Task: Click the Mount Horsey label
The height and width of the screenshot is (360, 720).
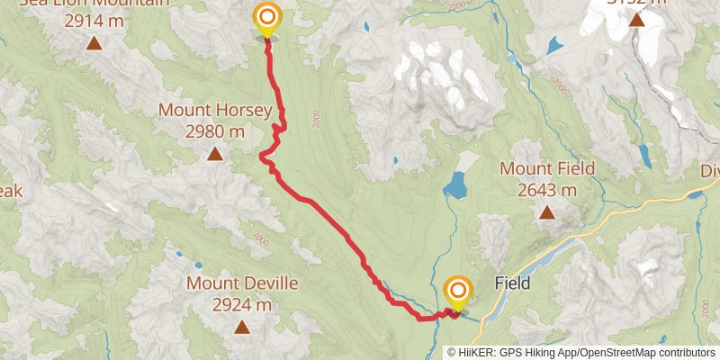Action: tap(215, 111)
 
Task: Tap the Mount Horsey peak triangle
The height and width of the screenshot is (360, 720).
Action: tap(215, 154)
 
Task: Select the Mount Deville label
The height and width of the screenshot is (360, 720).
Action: tap(242, 283)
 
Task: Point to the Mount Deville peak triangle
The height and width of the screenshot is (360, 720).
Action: tap(242, 327)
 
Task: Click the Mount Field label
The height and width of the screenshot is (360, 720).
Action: tap(546, 168)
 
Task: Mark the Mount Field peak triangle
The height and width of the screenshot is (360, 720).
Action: tap(546, 212)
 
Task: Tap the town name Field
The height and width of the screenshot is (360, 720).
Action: tap(512, 283)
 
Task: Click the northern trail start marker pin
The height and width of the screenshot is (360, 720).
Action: tap(267, 18)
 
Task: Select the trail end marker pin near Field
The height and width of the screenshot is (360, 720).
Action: tap(458, 291)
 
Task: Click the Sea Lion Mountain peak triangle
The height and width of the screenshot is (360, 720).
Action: tap(94, 41)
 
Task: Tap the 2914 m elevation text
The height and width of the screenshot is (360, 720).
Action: tap(94, 17)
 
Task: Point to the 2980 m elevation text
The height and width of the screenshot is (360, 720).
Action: tap(215, 131)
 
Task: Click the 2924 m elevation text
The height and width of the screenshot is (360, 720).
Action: tap(242, 305)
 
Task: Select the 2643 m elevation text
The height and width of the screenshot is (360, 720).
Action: tap(546, 190)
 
